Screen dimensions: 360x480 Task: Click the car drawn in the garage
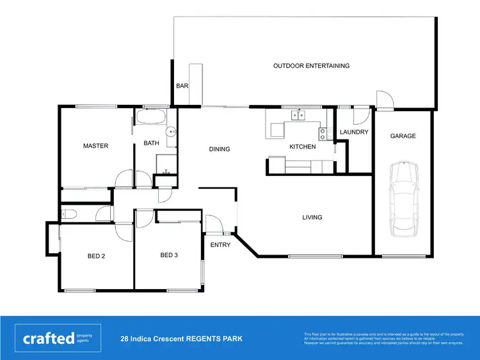click(x=404, y=197)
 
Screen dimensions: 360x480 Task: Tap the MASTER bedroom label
click(x=96, y=146)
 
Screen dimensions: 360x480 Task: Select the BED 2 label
click(x=96, y=256)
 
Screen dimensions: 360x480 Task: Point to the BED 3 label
click(x=169, y=255)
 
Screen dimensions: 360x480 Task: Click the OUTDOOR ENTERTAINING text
click(x=311, y=66)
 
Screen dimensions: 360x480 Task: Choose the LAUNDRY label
click(x=354, y=132)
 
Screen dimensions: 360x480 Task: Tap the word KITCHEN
click(x=303, y=147)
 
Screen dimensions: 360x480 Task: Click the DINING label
click(x=220, y=150)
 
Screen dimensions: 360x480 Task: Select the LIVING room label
click(x=312, y=217)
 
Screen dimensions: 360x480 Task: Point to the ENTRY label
click(x=221, y=245)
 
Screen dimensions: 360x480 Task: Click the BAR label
click(x=182, y=86)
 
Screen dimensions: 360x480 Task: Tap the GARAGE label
click(x=403, y=136)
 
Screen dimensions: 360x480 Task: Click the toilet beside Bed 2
click(x=68, y=214)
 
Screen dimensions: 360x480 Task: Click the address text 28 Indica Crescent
click(x=182, y=338)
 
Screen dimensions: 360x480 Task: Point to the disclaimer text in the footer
click(x=383, y=338)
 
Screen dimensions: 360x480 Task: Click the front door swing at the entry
click(x=214, y=225)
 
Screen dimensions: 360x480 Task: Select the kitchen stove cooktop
click(x=323, y=134)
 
